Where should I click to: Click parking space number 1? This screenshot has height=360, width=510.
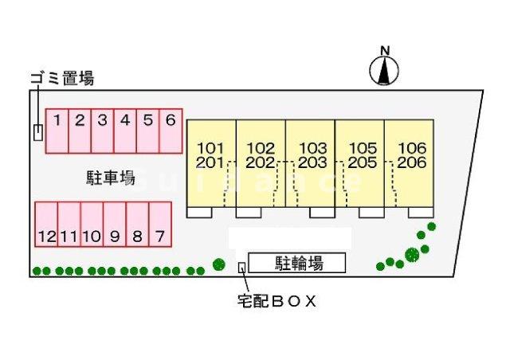(57, 131)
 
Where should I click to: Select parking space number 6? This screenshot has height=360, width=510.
(171, 131)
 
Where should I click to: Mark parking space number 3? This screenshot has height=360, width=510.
(103, 131)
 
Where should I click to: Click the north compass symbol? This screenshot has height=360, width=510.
(384, 69)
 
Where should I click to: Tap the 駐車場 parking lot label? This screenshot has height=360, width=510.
(110, 178)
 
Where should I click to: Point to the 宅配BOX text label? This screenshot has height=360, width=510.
(277, 301)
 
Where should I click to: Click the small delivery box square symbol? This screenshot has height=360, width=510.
(242, 267)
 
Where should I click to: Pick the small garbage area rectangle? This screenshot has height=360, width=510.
(37, 132)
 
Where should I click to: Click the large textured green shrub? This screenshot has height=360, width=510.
(412, 255)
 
